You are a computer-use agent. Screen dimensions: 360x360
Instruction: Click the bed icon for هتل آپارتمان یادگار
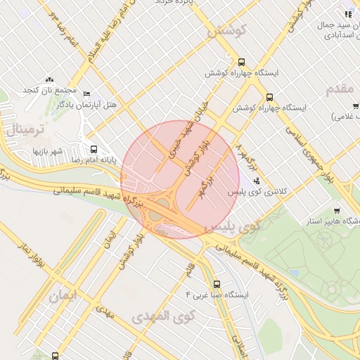86,94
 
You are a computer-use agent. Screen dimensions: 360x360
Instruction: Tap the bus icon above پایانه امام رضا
94,149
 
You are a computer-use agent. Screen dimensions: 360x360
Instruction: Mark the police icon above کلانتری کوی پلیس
245,181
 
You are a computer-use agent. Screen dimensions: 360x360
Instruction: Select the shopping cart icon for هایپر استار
337,211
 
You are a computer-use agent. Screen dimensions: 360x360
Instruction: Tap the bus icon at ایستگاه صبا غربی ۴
216,285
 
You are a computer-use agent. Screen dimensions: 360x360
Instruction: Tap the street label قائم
189,269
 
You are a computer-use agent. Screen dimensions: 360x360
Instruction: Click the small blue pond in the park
294,273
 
